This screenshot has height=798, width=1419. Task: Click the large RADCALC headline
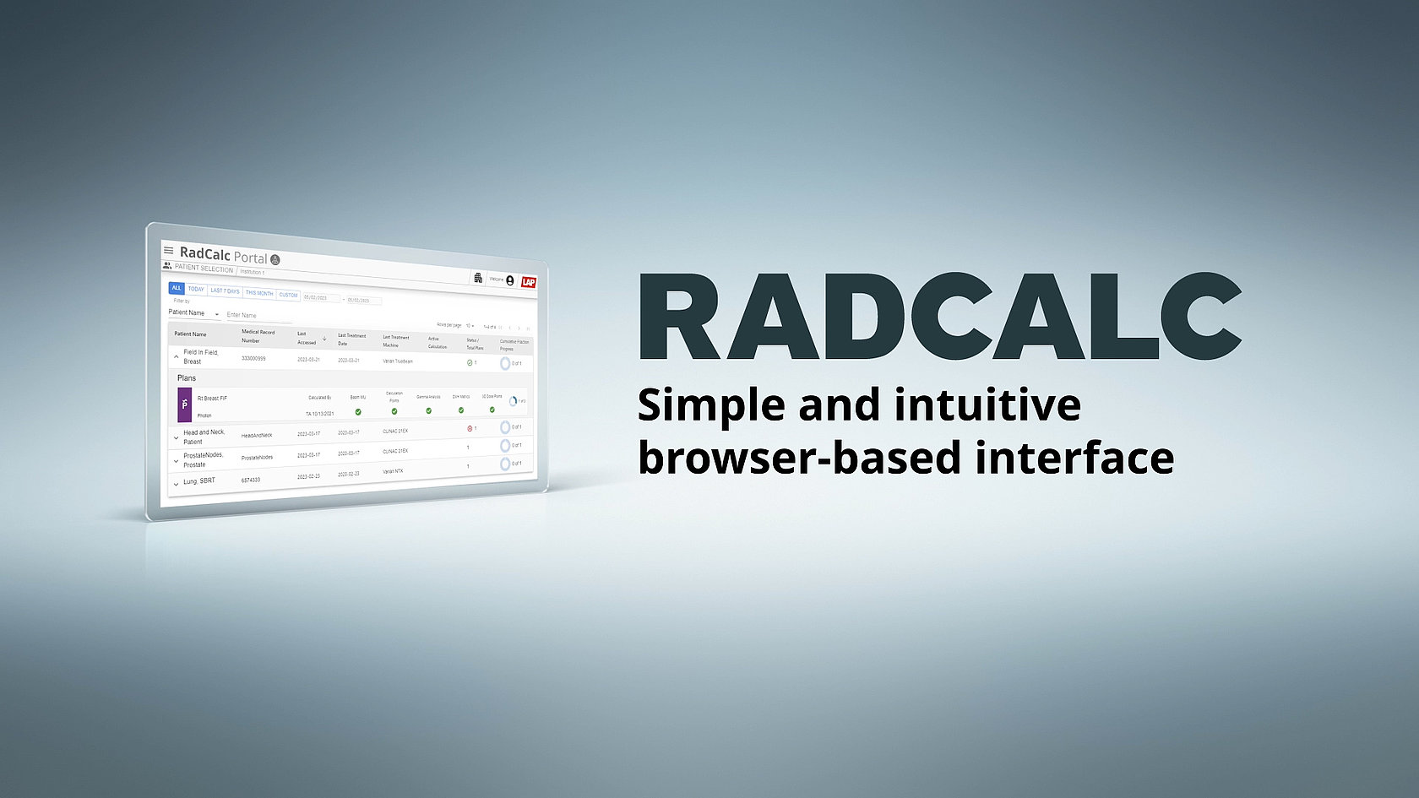(939, 318)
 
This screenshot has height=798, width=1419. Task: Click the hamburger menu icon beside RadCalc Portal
(168, 251)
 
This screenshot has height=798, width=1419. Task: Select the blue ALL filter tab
(177, 288)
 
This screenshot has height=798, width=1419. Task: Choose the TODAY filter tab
(196, 290)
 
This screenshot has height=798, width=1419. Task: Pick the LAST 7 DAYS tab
(225, 291)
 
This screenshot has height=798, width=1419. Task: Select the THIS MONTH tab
(259, 293)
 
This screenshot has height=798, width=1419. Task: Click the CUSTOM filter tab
(288, 295)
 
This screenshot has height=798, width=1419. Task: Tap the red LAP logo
(528, 282)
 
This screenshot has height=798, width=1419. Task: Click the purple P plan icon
(185, 405)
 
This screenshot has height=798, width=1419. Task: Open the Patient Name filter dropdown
(193, 313)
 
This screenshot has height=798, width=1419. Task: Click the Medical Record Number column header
(258, 336)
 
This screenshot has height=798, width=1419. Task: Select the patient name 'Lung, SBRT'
(199, 481)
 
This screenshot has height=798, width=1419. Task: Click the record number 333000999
(253, 359)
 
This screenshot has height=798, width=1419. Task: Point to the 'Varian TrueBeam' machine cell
(398, 361)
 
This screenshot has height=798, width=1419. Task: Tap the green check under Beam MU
(358, 412)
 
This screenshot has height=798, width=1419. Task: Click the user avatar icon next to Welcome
(510, 280)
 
